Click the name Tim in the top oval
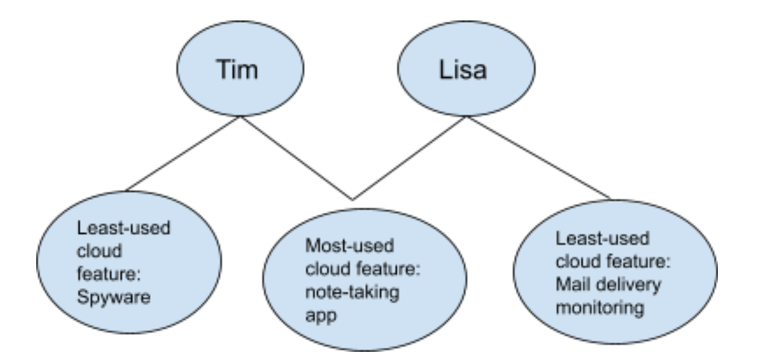pyautogui.click(x=237, y=70)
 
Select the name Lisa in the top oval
pyautogui.click(x=463, y=70)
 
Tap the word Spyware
pyautogui.click(x=114, y=298)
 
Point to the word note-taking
pyautogui.click(x=352, y=292)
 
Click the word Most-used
pyautogui.click(x=349, y=245)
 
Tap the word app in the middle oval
pyautogui.click(x=321, y=316)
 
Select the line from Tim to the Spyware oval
pyautogui.click(x=182, y=154)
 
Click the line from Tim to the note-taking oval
pyautogui.click(x=296, y=158)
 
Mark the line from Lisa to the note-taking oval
pyautogui.click(x=409, y=158)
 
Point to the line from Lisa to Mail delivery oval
pyautogui.click(x=539, y=158)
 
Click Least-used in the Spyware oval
pyautogui.click(x=124, y=228)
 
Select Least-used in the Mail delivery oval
pyautogui.click(x=603, y=238)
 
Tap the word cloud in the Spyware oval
pyautogui.click(x=99, y=251)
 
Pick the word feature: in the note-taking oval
pyautogui.click(x=388, y=269)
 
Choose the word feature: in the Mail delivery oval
pyautogui.click(x=639, y=261)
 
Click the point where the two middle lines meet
pyautogui.click(x=353, y=199)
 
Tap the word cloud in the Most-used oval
pyautogui.click(x=328, y=269)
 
